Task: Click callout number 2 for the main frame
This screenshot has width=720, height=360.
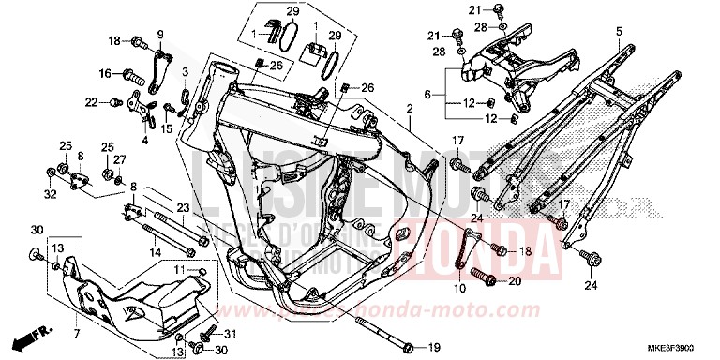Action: point(409,110)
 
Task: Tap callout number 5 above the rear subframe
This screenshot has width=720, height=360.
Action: point(619,32)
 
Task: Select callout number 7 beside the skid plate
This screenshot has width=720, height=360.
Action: point(78,332)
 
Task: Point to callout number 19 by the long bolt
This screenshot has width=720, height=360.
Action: point(434,346)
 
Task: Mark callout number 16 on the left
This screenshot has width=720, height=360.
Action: point(105,72)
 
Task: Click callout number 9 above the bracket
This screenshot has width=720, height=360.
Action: point(159,35)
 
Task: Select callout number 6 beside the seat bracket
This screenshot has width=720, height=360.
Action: point(427,94)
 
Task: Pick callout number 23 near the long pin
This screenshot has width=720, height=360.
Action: point(183,209)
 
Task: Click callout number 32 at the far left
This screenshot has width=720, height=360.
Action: point(49,194)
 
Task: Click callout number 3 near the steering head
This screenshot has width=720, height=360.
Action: point(186,71)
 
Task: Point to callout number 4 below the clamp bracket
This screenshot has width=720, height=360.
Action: point(145,140)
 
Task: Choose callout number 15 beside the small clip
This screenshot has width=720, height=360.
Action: point(166,129)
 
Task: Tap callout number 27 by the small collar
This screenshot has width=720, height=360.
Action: point(119,160)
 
